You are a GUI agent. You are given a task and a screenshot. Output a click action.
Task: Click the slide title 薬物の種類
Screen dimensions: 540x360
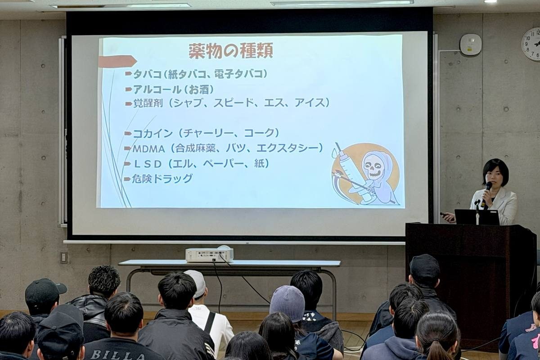[x=231, y=51]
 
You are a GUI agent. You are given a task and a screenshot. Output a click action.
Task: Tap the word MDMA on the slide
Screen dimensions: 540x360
[x=148, y=149]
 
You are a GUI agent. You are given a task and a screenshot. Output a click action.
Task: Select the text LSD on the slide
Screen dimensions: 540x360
[x=148, y=164]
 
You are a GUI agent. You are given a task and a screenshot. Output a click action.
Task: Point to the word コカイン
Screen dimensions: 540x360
[x=153, y=134]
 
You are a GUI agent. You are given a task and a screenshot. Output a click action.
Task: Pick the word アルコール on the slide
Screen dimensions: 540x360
[x=157, y=90]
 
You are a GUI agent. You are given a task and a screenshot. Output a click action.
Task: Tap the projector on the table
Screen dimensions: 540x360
[x=209, y=255]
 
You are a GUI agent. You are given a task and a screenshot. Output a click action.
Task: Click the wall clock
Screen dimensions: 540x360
[x=531, y=44]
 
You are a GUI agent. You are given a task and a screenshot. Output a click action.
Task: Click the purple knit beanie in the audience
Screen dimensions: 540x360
[x=288, y=304]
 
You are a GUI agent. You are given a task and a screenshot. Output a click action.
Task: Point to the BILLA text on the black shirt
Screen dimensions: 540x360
[x=117, y=355]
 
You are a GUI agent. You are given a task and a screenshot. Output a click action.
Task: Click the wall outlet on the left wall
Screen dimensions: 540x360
[x=63, y=258]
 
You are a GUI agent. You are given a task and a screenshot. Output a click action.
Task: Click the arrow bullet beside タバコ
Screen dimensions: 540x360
[x=129, y=73]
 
